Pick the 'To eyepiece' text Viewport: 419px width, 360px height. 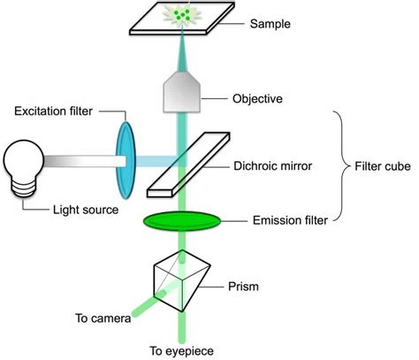[x=180, y=349]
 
